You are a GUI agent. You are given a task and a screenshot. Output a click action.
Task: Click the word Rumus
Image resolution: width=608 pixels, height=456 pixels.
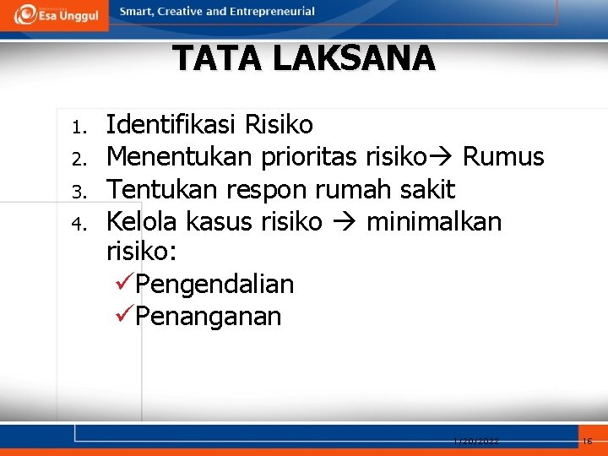[503, 157]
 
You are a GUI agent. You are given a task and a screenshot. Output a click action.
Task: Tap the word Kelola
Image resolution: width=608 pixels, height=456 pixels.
[141, 221]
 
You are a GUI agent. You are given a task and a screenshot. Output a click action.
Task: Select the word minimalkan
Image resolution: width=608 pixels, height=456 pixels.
[434, 221]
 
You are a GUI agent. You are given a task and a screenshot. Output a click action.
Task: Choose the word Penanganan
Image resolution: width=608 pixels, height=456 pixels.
[208, 317]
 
